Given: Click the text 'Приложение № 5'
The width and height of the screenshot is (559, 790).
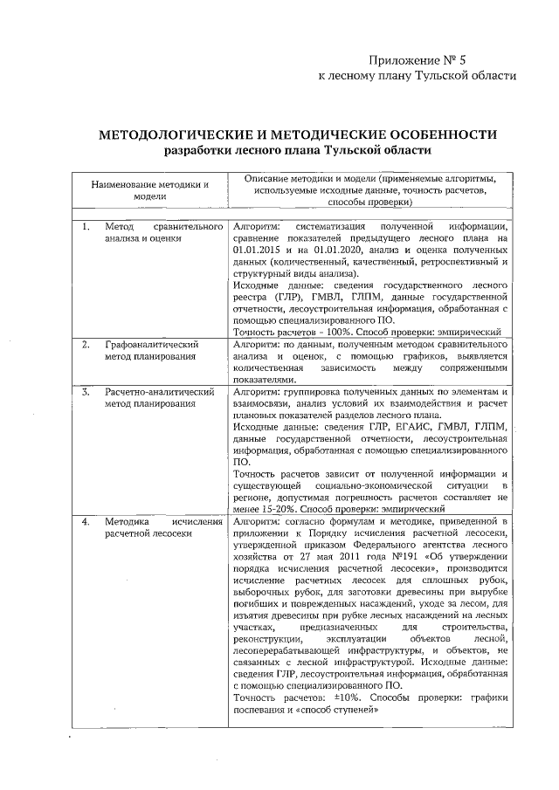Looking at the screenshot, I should point(419,59).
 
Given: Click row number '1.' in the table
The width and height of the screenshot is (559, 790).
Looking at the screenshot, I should point(86,226).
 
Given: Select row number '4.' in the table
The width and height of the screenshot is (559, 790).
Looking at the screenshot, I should point(86,520).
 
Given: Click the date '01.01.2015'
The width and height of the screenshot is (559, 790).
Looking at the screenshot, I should point(259,250).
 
